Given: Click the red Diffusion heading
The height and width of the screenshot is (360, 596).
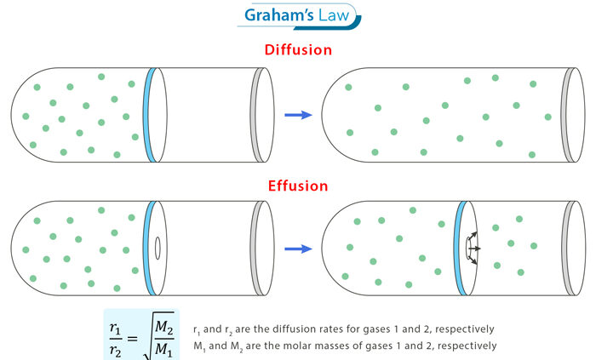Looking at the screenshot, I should point(298,50).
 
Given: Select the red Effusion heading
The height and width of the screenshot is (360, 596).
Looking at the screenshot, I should point(298,186).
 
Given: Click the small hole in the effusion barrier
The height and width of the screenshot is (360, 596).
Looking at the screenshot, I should point(158,249).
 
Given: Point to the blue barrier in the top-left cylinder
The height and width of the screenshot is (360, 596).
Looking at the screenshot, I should point(151,113).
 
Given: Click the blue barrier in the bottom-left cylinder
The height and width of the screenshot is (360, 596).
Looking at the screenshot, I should point(151,249).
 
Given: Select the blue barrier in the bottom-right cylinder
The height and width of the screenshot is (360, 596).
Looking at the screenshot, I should point(461,249).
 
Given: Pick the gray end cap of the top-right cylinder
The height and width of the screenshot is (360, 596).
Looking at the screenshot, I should point(568,113).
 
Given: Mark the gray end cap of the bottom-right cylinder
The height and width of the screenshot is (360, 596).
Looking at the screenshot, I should point(568,249).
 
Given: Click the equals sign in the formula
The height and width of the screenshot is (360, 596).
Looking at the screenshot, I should point(138,338).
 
